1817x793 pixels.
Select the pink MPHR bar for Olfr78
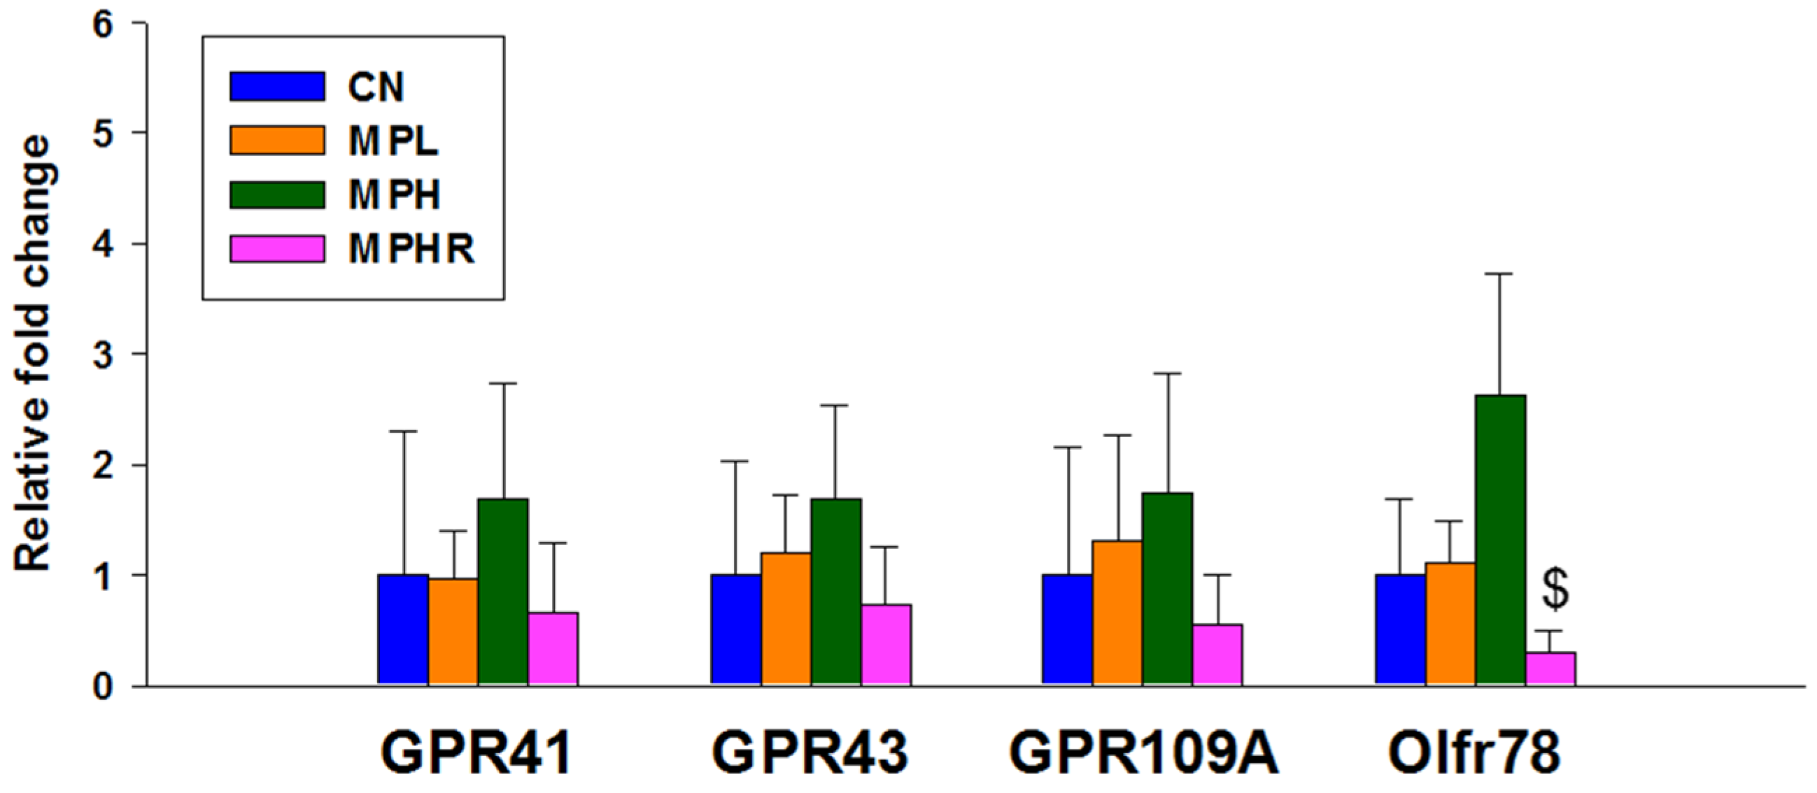point(1550,668)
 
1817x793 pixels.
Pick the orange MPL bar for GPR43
point(786,618)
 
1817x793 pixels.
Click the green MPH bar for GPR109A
point(1167,589)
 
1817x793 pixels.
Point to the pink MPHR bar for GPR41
point(553,648)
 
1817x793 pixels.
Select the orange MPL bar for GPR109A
point(1117,613)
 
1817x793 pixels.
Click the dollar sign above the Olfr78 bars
point(1555,590)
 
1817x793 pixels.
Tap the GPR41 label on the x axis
point(477,753)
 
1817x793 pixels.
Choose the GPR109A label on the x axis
point(1143,753)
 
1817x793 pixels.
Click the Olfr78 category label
point(1474,753)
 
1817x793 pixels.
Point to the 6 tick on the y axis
point(103,24)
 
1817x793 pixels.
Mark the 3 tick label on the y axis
point(103,355)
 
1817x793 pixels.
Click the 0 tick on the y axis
point(103,686)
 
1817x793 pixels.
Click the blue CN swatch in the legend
point(277,86)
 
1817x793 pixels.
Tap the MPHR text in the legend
point(411,249)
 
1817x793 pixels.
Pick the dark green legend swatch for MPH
point(277,194)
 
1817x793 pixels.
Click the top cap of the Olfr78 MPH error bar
point(1500,273)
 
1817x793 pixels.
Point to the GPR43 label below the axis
point(809,753)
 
